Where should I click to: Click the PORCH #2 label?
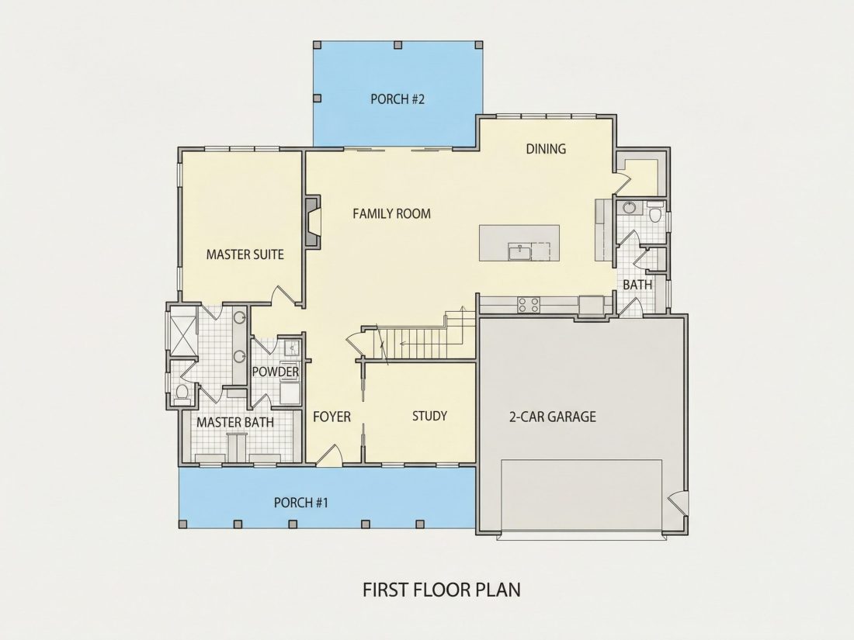click(397, 99)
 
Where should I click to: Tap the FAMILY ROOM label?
click(391, 214)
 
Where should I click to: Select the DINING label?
click(546, 149)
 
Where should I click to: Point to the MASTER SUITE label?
click(245, 254)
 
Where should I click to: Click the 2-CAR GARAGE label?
click(552, 417)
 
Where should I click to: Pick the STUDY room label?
click(430, 417)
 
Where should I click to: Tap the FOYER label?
click(332, 417)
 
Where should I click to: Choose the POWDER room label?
click(275, 372)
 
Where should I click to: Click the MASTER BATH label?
click(235, 422)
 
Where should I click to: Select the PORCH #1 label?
click(301, 503)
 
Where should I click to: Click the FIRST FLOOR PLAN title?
click(442, 590)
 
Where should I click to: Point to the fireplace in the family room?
click(312, 222)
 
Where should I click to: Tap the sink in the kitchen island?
click(521, 252)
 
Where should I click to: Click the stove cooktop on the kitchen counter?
click(528, 305)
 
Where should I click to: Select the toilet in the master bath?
click(182, 393)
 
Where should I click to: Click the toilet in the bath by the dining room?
click(656, 213)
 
